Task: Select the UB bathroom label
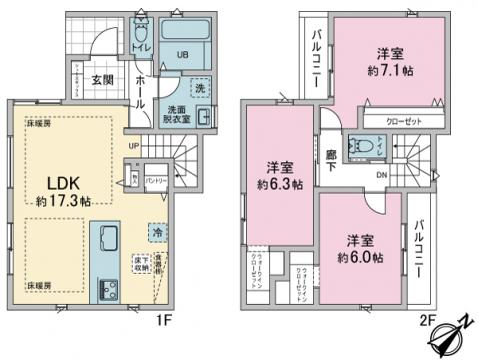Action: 182,54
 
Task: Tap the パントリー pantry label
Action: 154,179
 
